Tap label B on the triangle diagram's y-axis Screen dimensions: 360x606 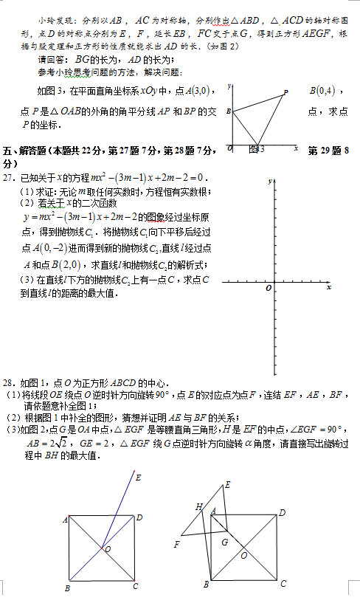(229, 111)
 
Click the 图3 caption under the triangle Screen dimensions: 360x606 (257, 149)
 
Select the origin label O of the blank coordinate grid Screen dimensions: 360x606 (269, 287)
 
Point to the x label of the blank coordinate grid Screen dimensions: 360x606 (329, 286)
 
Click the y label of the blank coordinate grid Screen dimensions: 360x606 (270, 181)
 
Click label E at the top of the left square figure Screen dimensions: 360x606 (138, 477)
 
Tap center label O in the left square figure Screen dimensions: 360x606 (108, 549)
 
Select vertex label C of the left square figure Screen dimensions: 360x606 (135, 586)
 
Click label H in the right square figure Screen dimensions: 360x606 (198, 506)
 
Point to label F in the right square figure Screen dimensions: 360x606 (176, 544)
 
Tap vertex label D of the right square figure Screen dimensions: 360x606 (282, 512)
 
